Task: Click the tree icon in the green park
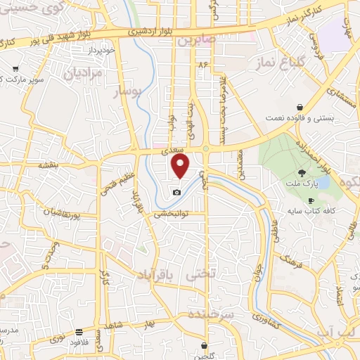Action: pos(301,173)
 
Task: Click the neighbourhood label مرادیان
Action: pos(83,72)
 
